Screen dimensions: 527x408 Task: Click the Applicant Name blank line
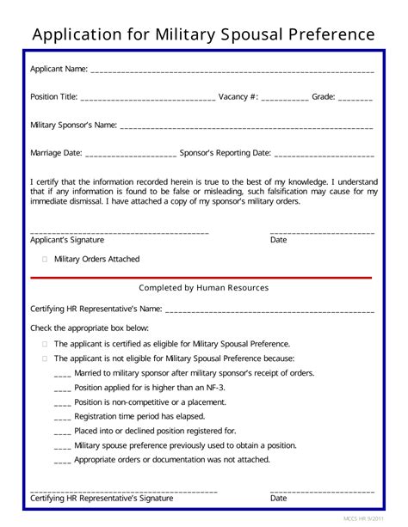232,70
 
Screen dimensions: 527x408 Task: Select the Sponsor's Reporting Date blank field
325,156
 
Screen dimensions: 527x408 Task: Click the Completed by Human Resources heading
204,288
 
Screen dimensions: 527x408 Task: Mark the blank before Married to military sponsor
62,374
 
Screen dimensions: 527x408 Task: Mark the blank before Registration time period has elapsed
62,417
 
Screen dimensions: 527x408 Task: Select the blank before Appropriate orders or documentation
62,460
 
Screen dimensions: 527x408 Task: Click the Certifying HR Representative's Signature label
102,498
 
